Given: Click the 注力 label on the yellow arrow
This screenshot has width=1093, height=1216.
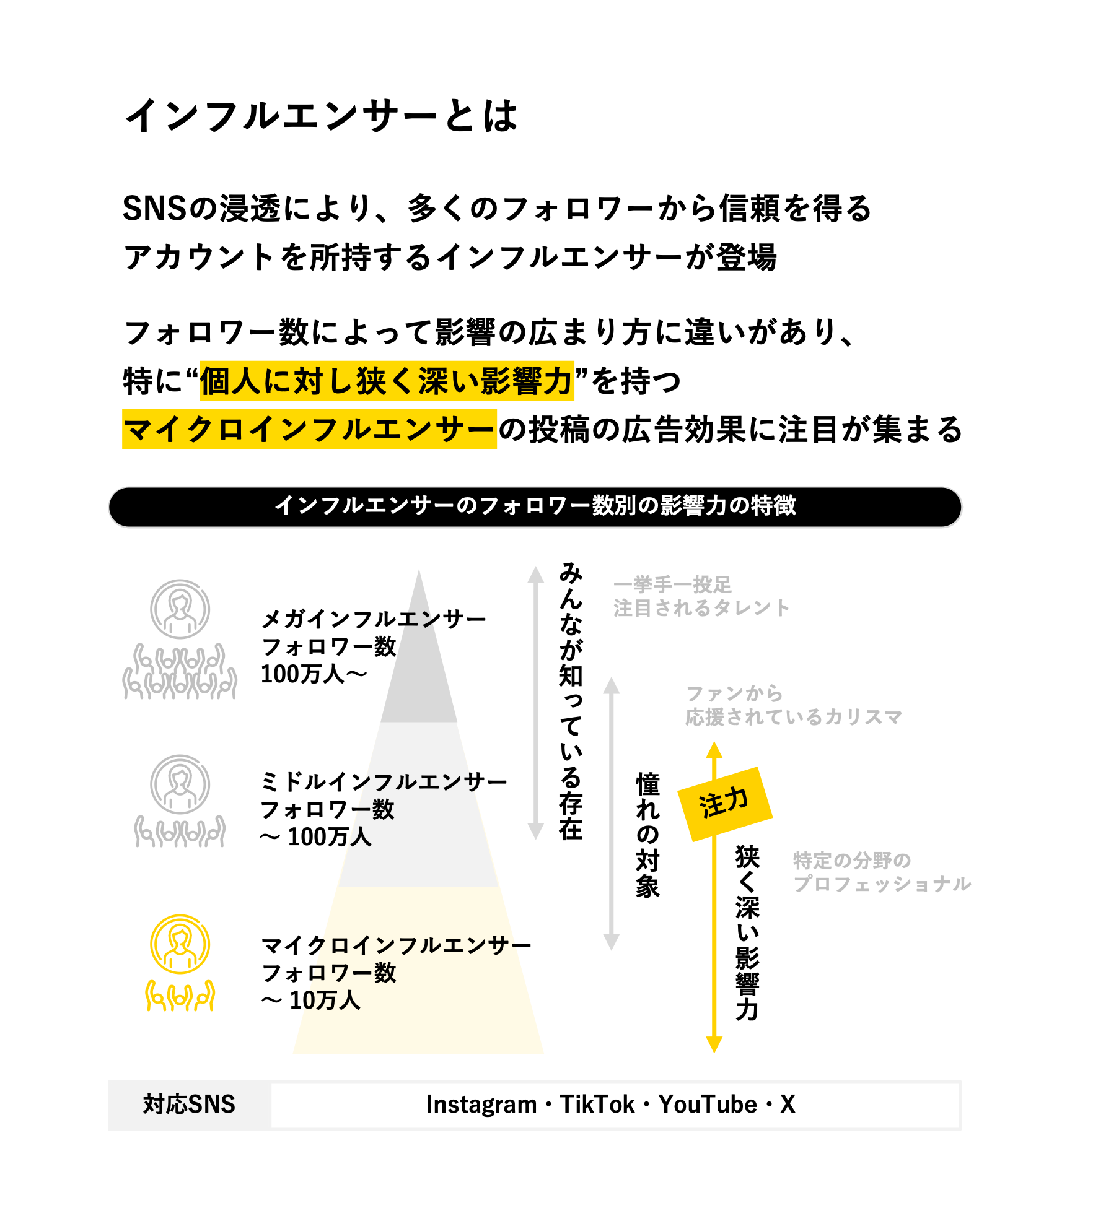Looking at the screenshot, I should click(x=723, y=803).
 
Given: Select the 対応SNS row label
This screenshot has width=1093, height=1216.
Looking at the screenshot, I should click(x=189, y=1104).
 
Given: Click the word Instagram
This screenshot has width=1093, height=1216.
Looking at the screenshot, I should click(x=481, y=1104).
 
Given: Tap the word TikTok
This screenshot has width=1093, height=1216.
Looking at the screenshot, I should click(x=597, y=1104).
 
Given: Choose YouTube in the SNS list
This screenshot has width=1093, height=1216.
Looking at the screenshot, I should click(x=708, y=1104).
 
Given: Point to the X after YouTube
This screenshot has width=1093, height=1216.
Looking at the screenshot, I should click(x=788, y=1104).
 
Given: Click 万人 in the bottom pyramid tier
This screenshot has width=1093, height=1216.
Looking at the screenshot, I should click(x=338, y=1000).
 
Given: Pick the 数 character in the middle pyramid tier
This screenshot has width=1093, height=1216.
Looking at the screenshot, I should click(x=383, y=809).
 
